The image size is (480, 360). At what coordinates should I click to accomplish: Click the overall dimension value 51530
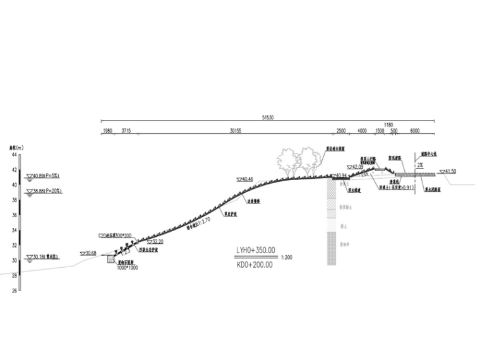pyautogui.click(x=268, y=117)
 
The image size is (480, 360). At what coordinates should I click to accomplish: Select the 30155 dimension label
pyautogui.click(x=235, y=130)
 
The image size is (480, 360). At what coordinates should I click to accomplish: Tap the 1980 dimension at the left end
pyautogui.click(x=107, y=130)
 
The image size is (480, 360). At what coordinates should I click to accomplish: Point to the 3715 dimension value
pyautogui.click(x=126, y=130)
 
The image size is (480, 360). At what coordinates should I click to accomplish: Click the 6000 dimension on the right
pyautogui.click(x=415, y=130)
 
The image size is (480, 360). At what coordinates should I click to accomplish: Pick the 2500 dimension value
pyautogui.click(x=341, y=130)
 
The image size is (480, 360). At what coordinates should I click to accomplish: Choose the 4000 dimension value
pyautogui.click(x=362, y=130)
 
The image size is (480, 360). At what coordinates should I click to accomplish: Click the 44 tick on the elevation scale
pyautogui.click(x=13, y=154)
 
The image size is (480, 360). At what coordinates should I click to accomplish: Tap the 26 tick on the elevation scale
pyautogui.click(x=13, y=291)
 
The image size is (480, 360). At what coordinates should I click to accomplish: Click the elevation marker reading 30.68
pyautogui.click(x=90, y=253)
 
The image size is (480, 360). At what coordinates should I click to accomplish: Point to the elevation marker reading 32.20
pyautogui.click(x=157, y=241)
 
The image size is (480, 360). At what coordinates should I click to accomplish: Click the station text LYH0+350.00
pyautogui.click(x=256, y=251)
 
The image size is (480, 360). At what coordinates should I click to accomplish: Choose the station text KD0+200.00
pyautogui.click(x=255, y=265)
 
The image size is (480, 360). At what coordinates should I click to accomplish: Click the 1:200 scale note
pyautogui.click(x=286, y=258)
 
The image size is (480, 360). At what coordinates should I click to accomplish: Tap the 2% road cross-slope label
pyautogui.click(x=420, y=164)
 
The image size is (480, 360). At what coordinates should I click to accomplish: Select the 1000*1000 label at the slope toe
pyautogui.click(x=127, y=268)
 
